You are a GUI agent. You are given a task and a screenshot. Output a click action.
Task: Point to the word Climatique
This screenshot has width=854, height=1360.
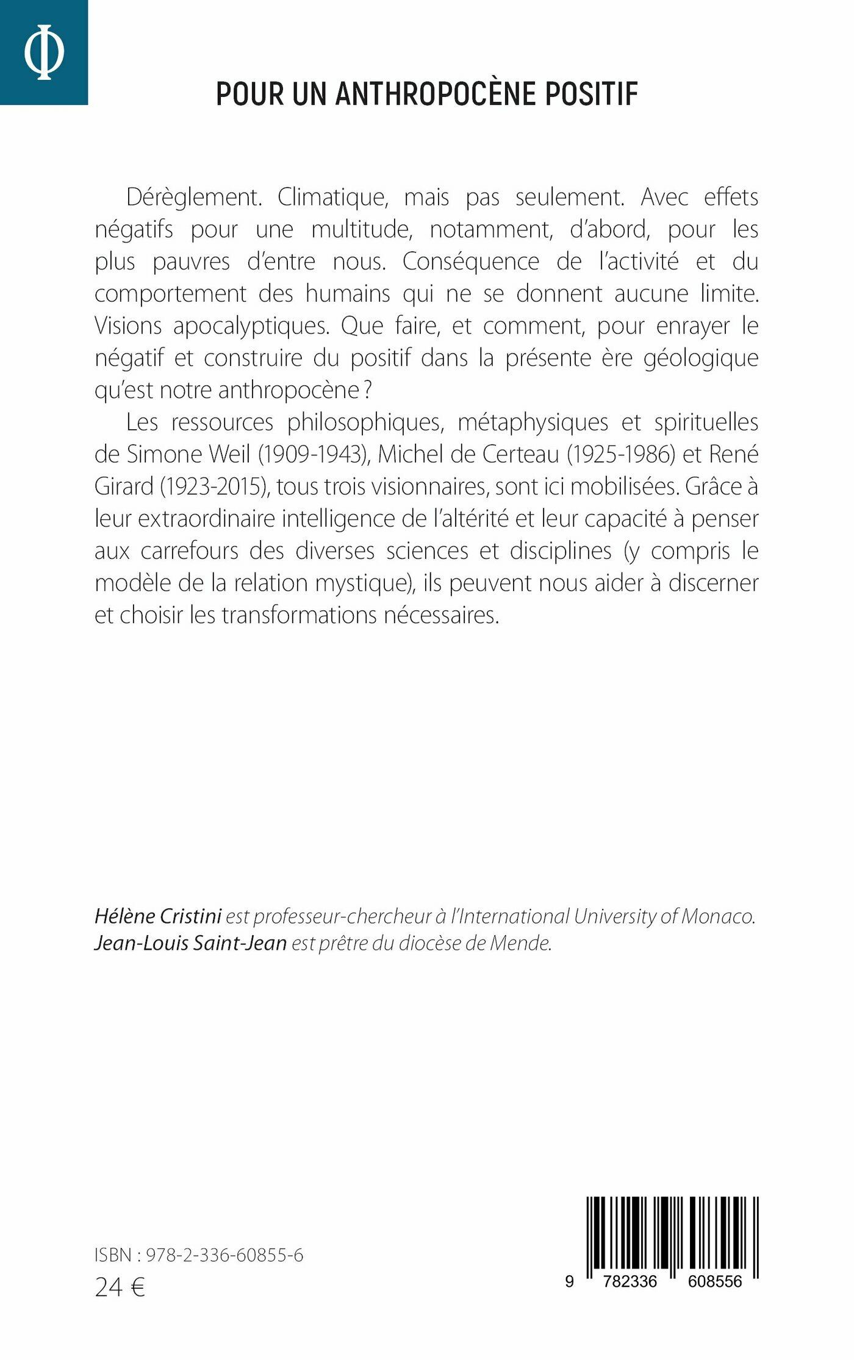pyautogui.click(x=332, y=198)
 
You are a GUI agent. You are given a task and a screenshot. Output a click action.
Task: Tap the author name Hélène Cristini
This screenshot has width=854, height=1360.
pyautogui.click(x=158, y=916)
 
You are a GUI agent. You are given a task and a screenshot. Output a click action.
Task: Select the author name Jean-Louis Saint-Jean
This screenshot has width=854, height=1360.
pyautogui.click(x=190, y=943)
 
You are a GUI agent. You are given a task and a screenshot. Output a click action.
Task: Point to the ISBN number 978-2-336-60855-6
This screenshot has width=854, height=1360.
pyautogui.click(x=224, y=1255)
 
